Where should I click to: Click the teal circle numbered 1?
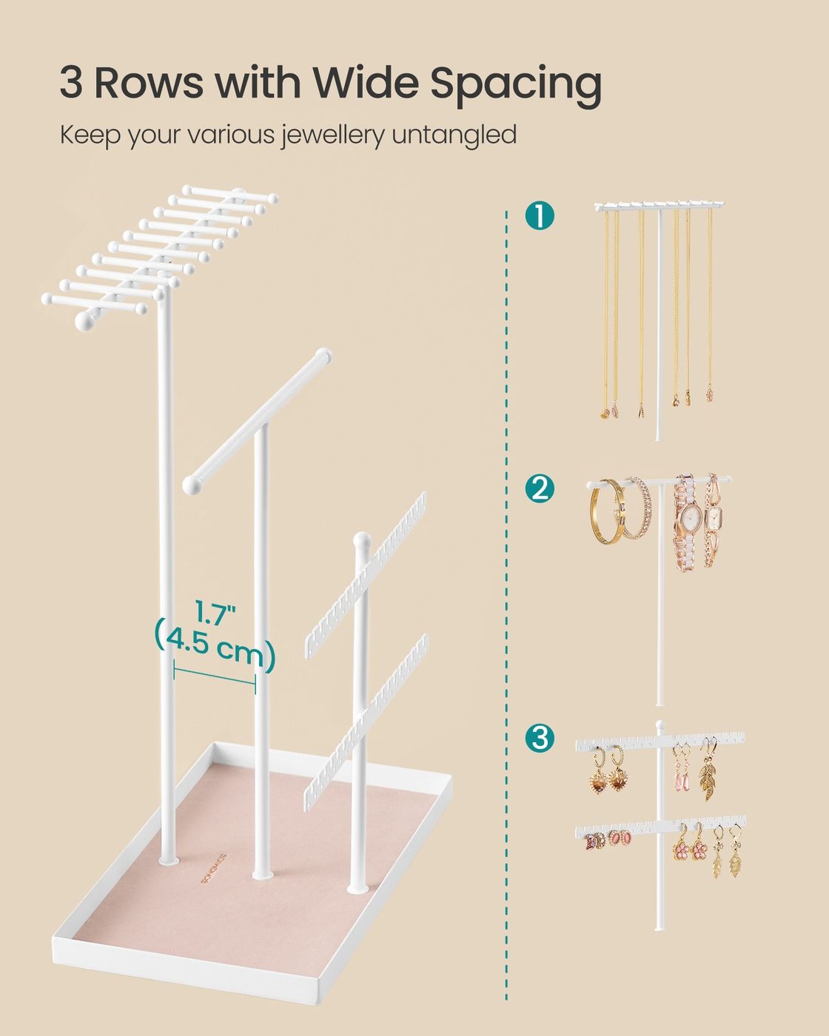[540, 215]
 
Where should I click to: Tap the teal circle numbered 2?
[540, 488]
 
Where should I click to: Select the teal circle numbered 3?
[540, 750]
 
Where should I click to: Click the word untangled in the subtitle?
[454, 135]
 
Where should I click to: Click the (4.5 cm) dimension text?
[215, 645]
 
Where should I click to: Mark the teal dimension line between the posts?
[215, 676]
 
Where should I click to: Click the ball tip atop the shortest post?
[361, 538]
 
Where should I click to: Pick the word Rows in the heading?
[149, 82]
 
